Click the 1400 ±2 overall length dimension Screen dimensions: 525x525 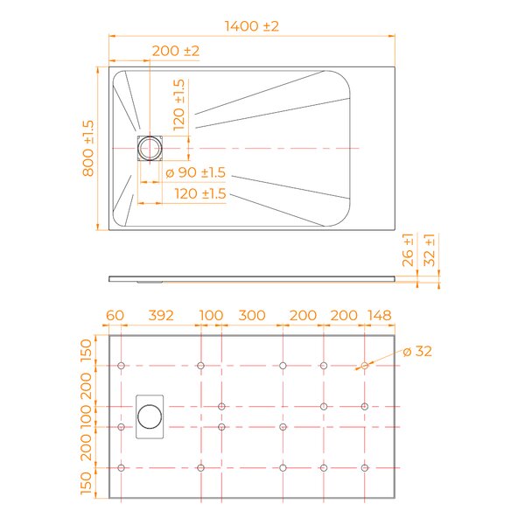[251, 26]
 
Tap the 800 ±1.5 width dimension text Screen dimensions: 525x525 [88, 149]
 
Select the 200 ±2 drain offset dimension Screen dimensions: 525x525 [176, 51]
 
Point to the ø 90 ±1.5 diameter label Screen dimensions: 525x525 [195, 172]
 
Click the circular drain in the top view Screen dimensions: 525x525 [150, 148]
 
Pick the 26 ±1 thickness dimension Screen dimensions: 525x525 [408, 250]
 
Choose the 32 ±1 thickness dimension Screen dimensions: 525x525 [430, 250]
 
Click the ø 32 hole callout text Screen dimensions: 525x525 [417, 351]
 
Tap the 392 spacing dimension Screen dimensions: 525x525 [161, 315]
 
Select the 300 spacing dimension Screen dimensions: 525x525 [252, 315]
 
